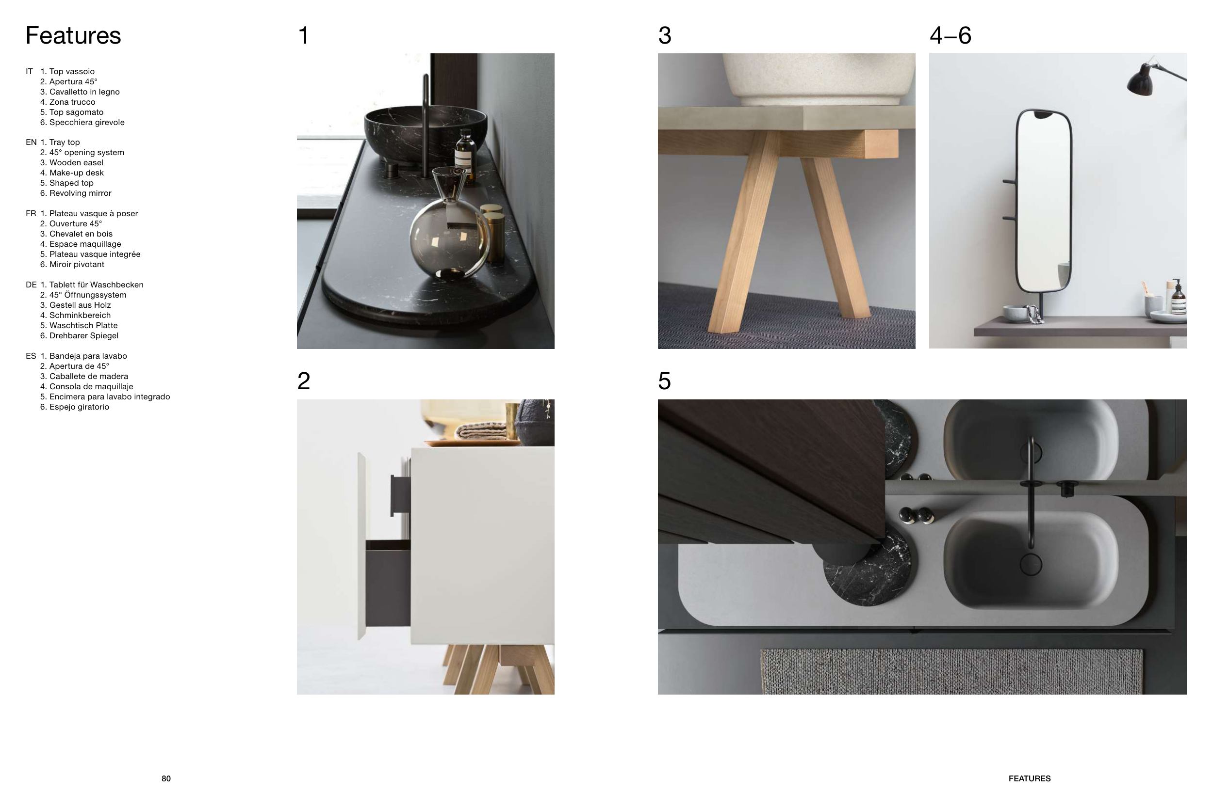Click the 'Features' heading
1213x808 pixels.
point(73,35)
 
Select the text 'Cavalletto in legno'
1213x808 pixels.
point(84,92)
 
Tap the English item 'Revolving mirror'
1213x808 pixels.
point(81,193)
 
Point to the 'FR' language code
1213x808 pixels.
point(31,213)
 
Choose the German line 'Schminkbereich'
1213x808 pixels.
point(80,316)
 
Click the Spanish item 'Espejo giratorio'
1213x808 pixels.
point(80,407)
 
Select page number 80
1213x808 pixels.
point(166,778)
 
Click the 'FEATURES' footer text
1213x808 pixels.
point(1030,778)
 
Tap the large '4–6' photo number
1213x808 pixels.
point(951,35)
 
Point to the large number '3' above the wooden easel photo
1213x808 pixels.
point(665,35)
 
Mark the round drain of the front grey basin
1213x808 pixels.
point(1031,565)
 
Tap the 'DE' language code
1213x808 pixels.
point(31,285)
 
